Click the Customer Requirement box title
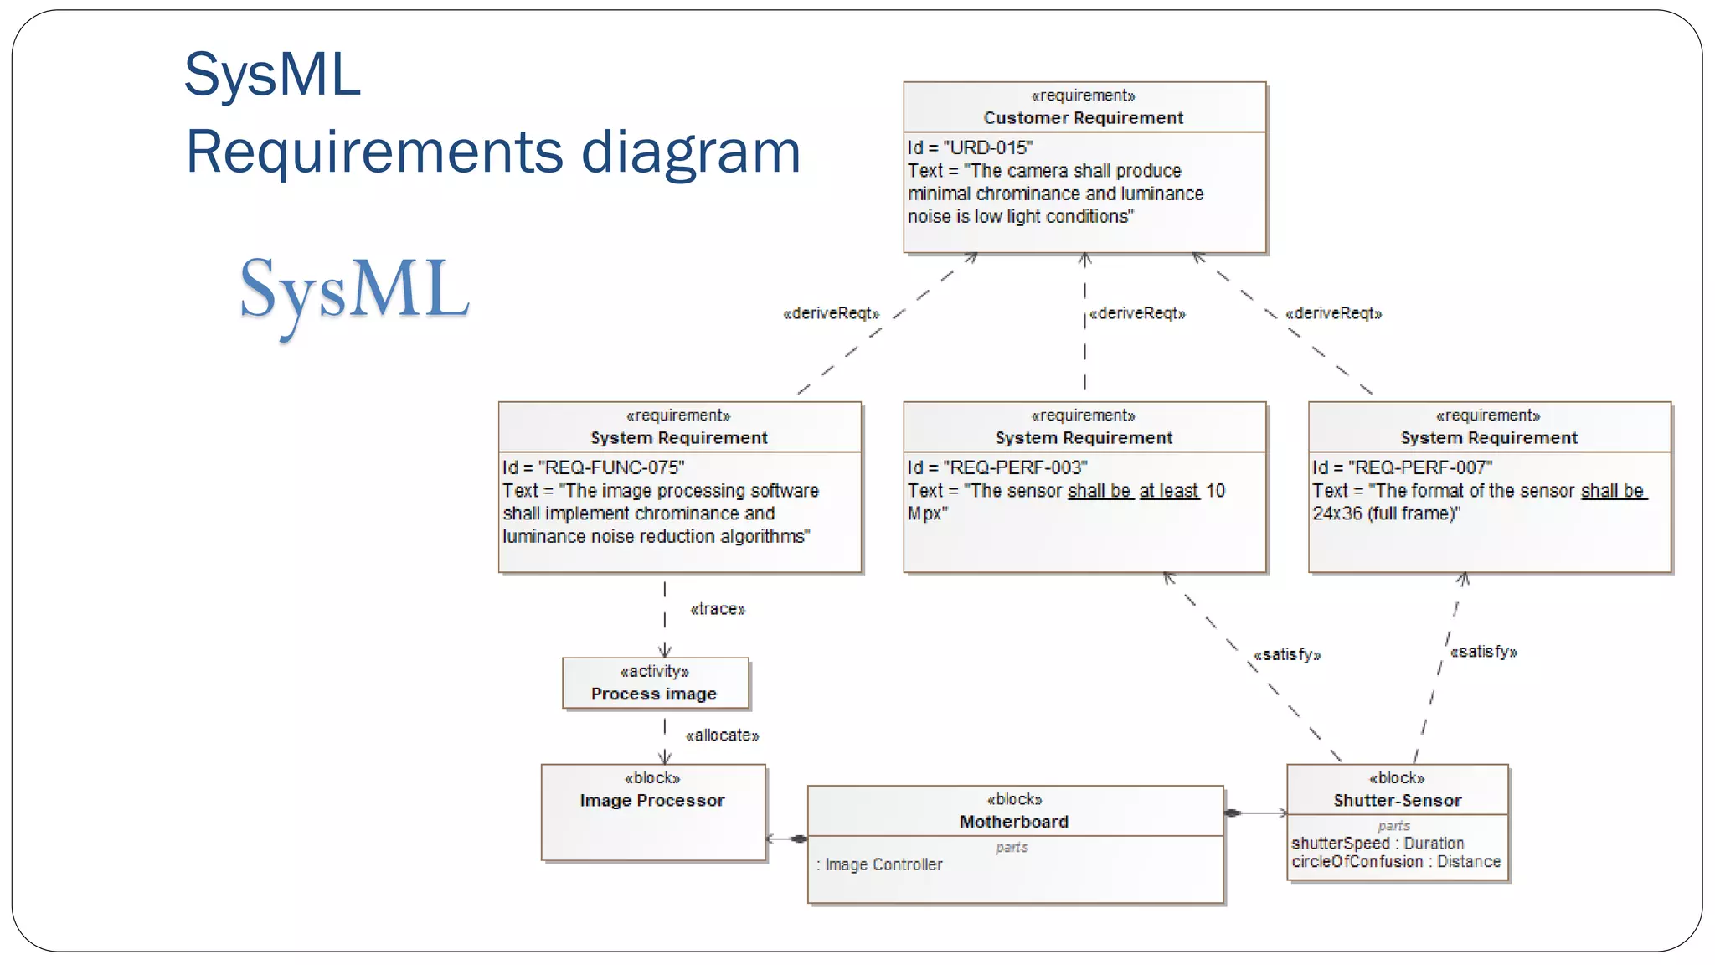(1083, 118)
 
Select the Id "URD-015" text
(970, 148)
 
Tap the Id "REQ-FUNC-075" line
(593, 467)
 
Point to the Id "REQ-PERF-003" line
(997, 467)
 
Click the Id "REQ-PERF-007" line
(1403, 467)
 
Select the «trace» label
(718, 610)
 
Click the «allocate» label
(722, 735)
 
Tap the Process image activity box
(654, 684)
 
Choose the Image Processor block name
(652, 801)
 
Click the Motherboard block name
(1014, 822)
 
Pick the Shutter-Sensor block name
(1398, 801)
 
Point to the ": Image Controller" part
(879, 864)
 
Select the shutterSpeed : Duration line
(1378, 844)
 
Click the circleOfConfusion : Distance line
(1396, 862)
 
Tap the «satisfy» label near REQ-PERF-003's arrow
(1287, 655)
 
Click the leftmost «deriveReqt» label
(831, 313)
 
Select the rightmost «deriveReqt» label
(1333, 313)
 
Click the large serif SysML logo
(354, 291)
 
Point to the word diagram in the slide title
(691, 152)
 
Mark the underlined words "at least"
(1169, 491)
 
